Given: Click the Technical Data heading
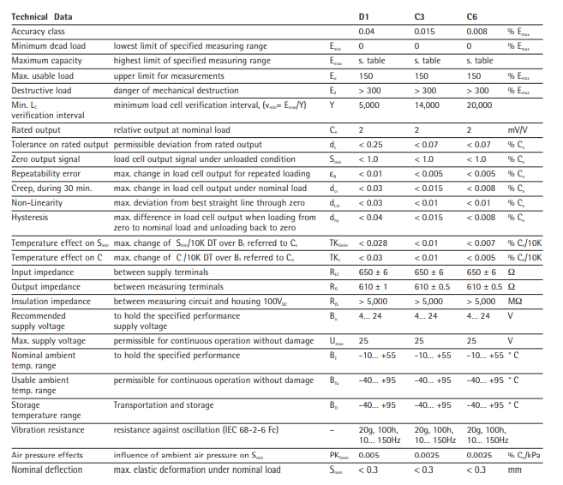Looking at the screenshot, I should point(42,17).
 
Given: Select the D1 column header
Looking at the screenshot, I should point(364,17).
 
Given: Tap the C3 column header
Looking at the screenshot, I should point(419,17).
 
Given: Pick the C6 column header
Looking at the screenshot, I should point(472,17).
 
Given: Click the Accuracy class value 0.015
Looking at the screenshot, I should point(423,32).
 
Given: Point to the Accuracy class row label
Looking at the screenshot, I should point(39,32).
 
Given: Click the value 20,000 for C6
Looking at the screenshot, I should point(480,105).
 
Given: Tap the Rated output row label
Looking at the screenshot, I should point(37,130).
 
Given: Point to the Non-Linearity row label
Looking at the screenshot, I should point(37,202).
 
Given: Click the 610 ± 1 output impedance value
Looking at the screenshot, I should point(375,286).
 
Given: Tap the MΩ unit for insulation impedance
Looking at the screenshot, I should point(515,300).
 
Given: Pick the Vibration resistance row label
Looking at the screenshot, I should point(48,430).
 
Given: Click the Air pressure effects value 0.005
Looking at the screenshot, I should point(369,455).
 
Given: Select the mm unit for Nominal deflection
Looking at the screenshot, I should point(513,470).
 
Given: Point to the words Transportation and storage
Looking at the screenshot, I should point(162,405).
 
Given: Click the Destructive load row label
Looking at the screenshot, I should point(42,90).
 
